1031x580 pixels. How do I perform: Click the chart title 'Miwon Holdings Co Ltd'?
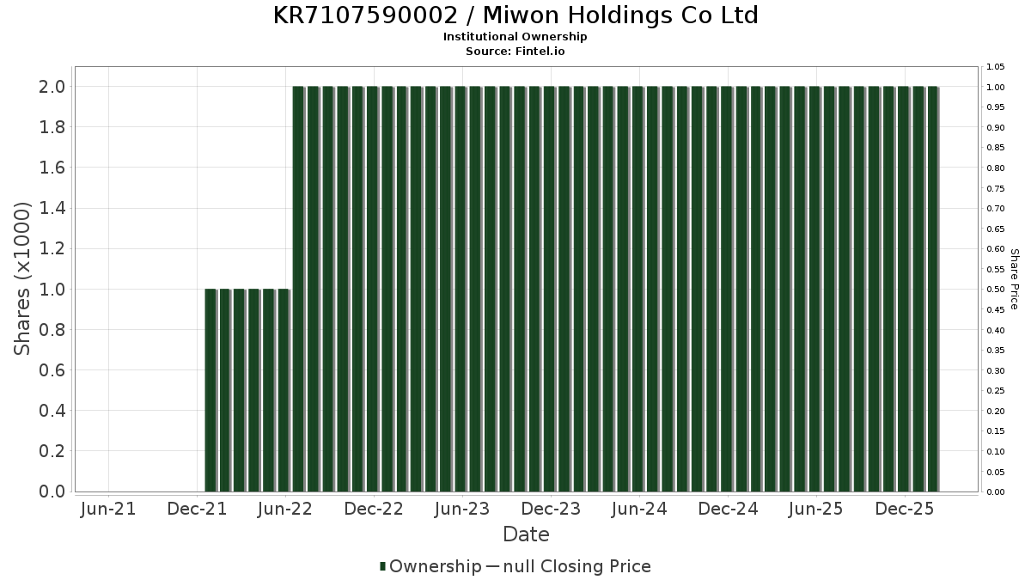[515, 15]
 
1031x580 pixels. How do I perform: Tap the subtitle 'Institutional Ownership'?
[515, 37]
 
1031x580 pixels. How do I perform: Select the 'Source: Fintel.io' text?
[515, 51]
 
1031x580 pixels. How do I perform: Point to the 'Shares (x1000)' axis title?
[23, 278]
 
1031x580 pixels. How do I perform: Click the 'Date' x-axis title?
[526, 534]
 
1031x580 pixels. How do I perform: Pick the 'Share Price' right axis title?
[1014, 278]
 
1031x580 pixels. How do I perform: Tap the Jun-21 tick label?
[108, 510]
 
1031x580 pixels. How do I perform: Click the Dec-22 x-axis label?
[374, 510]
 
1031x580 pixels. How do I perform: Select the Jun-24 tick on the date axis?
[638, 510]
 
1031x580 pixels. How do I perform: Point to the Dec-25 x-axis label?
[904, 510]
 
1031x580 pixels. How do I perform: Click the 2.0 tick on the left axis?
[52, 87]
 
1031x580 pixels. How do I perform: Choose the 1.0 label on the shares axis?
[52, 290]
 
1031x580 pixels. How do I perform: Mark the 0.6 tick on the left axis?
[52, 370]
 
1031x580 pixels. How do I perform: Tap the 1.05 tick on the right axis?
[995, 67]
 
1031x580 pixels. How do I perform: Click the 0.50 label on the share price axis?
[995, 290]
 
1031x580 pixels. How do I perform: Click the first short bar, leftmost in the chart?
[210, 390]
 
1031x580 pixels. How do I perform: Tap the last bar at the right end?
[932, 289]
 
